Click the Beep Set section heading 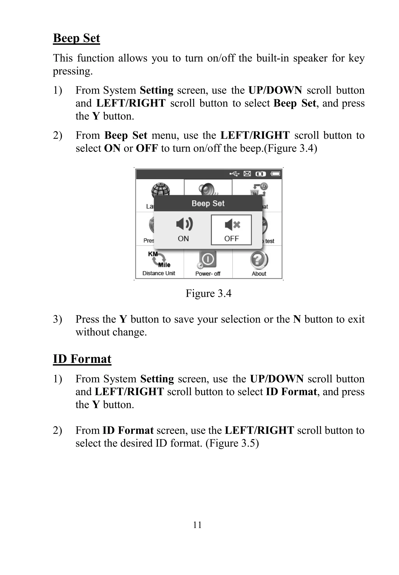click(x=77, y=38)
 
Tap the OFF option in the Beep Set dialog click(x=231, y=230)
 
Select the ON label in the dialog click(x=183, y=239)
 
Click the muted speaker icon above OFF click(x=232, y=224)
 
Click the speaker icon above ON click(x=184, y=224)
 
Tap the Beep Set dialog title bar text click(x=208, y=203)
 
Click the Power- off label click(x=208, y=274)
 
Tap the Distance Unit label click(x=159, y=273)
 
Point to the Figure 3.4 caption click(x=208, y=293)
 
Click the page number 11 click(x=197, y=525)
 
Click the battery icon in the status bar click(x=275, y=174)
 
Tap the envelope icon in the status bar click(x=247, y=174)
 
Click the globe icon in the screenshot click(x=161, y=190)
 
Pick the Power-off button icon click(x=208, y=259)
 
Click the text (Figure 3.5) click(x=232, y=443)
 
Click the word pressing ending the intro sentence click(x=72, y=71)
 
